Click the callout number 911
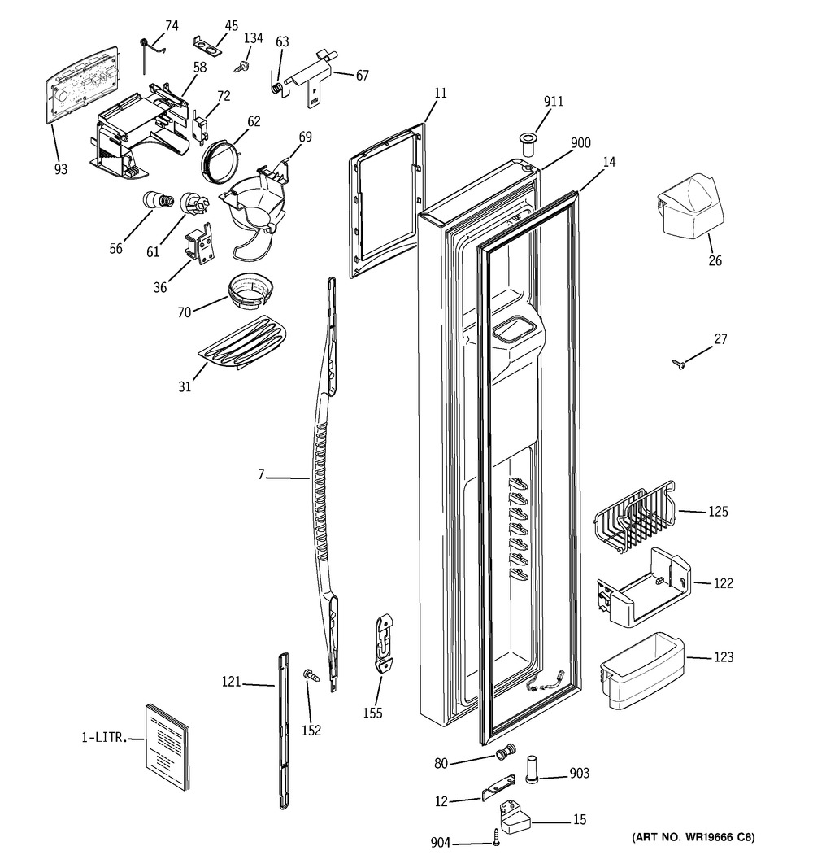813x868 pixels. click(x=553, y=102)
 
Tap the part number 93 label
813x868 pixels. click(x=61, y=169)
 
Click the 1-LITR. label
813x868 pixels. click(x=105, y=738)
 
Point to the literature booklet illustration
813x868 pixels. click(x=167, y=748)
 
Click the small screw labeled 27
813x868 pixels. click(x=679, y=364)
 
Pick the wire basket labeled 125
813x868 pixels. click(x=635, y=518)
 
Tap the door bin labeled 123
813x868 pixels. click(x=642, y=671)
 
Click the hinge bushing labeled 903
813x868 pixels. click(x=532, y=768)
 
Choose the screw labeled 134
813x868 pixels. click(x=241, y=67)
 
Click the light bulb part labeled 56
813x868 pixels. click(x=158, y=200)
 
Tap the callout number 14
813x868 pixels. click(x=609, y=162)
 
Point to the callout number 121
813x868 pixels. click(x=231, y=682)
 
